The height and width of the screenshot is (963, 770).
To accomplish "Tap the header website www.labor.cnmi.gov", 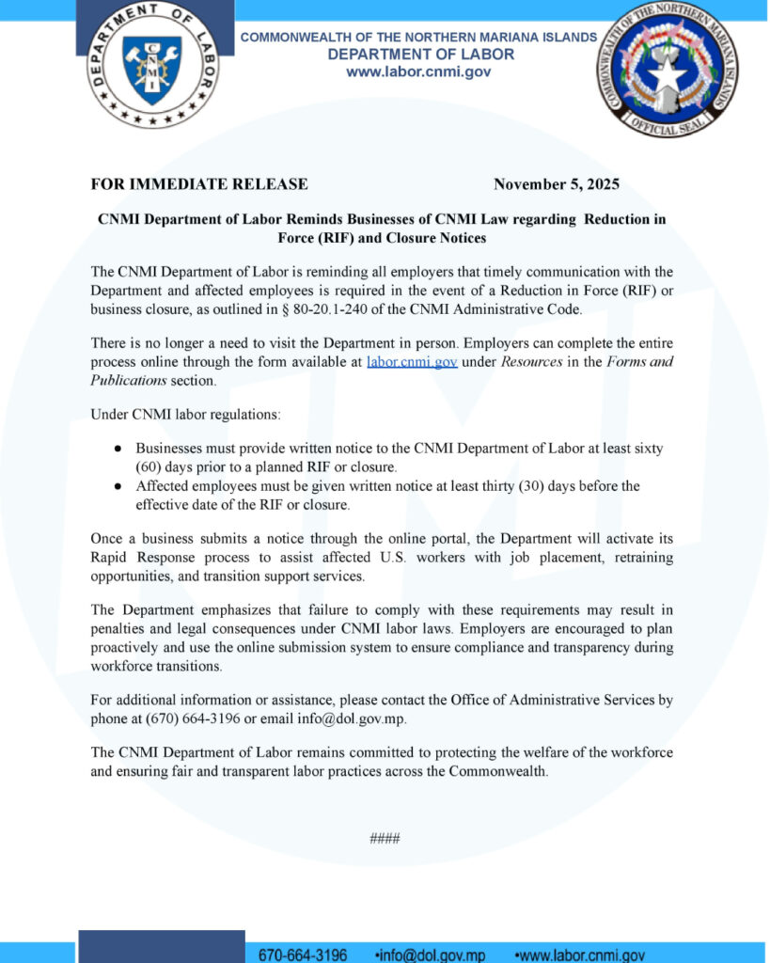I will click(x=420, y=71).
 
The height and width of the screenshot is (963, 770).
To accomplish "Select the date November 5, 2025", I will click(x=557, y=184).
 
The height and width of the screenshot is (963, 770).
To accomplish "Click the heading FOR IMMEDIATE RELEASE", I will click(x=199, y=184).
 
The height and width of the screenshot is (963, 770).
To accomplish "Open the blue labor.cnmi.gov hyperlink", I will click(x=412, y=362).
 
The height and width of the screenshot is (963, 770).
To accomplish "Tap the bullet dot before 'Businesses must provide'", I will click(x=117, y=450).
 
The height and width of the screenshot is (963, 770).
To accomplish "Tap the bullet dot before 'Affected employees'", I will click(x=117, y=487).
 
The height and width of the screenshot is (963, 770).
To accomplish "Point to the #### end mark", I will click(x=385, y=838).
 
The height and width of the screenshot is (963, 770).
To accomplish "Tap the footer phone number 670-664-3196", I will click(x=303, y=955).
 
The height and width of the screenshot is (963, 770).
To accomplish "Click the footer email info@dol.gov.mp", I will click(x=432, y=955).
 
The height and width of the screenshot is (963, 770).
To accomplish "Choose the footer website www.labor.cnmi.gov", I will click(x=582, y=955).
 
